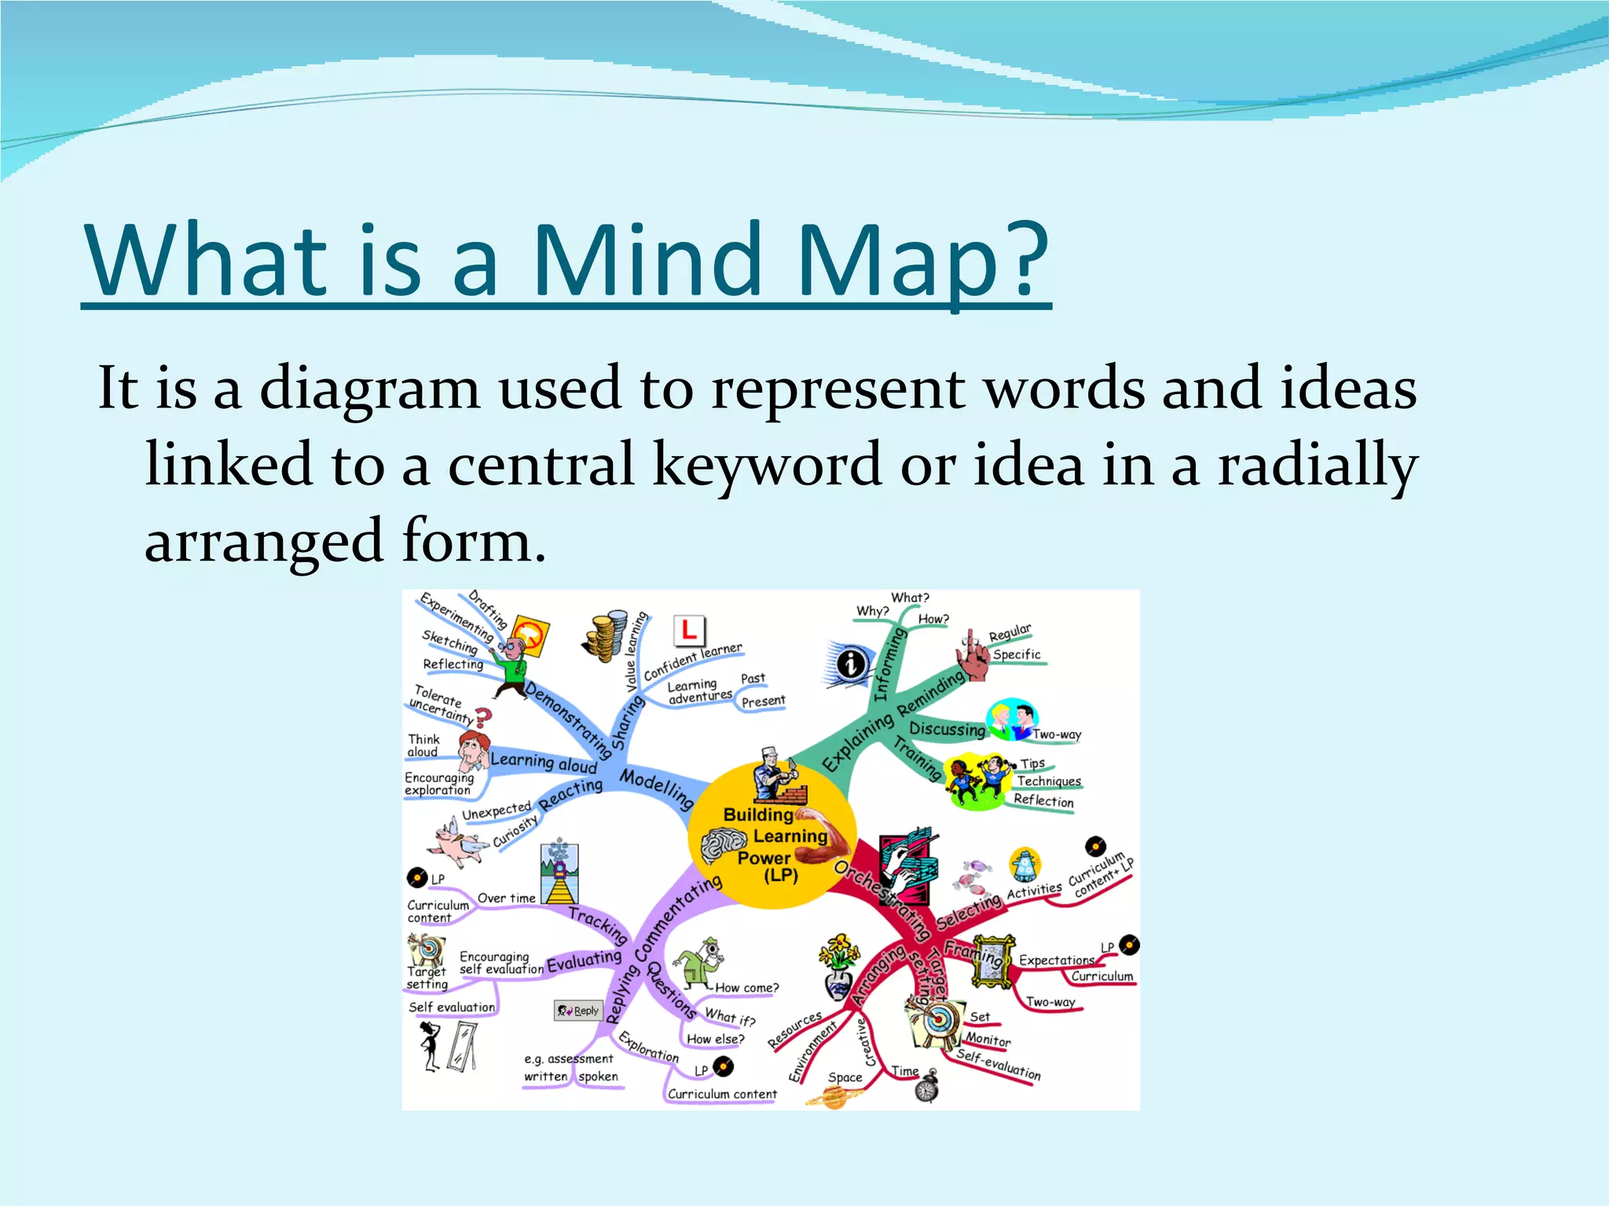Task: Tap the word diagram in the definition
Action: coord(369,388)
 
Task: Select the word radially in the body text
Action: coord(1318,464)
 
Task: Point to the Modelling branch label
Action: coord(657,788)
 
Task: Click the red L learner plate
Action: coord(689,630)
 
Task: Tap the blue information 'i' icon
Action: coord(850,664)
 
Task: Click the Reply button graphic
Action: coord(578,1010)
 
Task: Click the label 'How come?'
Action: coord(746,988)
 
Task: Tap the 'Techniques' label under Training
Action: coord(1049,781)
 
